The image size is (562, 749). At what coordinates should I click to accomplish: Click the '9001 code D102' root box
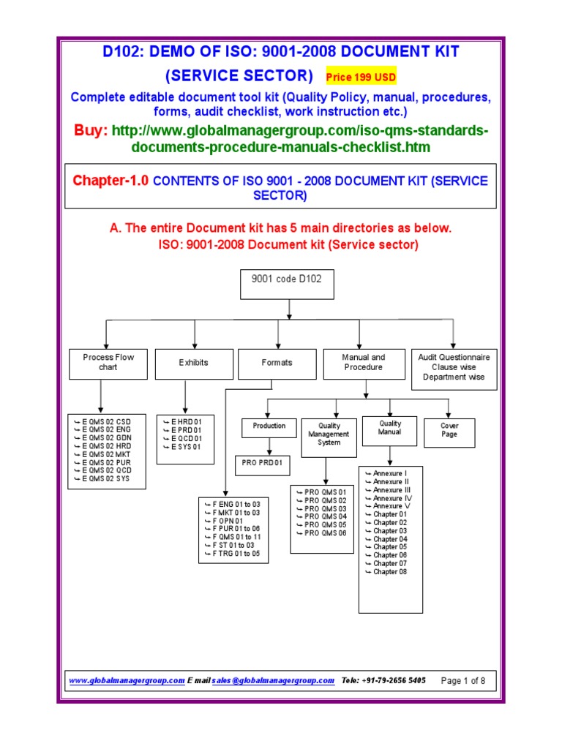point(282,285)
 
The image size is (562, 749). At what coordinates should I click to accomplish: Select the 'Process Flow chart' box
point(108,363)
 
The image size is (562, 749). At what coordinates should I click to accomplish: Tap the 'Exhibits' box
point(193,363)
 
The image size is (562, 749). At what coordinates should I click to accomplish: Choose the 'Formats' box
point(277,363)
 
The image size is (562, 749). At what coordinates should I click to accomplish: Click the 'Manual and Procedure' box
point(364,363)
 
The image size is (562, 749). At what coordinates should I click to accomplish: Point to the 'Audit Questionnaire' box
point(454,366)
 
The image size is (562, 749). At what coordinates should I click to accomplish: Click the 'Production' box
point(269,426)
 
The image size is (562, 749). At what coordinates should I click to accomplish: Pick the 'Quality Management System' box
point(329,434)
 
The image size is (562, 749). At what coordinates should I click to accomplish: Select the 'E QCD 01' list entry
point(186,438)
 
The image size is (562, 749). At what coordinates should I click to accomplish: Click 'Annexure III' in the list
point(390,490)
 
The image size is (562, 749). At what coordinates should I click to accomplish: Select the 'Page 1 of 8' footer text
point(463,680)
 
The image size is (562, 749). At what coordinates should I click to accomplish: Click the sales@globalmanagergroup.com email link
point(273,680)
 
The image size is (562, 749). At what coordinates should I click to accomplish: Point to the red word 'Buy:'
point(91,130)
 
